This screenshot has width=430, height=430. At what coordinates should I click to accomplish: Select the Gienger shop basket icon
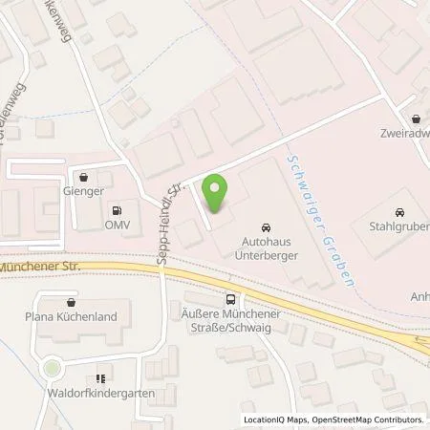point(86,178)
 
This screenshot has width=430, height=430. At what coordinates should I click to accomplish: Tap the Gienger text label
point(86,194)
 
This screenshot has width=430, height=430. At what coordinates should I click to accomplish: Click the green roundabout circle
point(51,367)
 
